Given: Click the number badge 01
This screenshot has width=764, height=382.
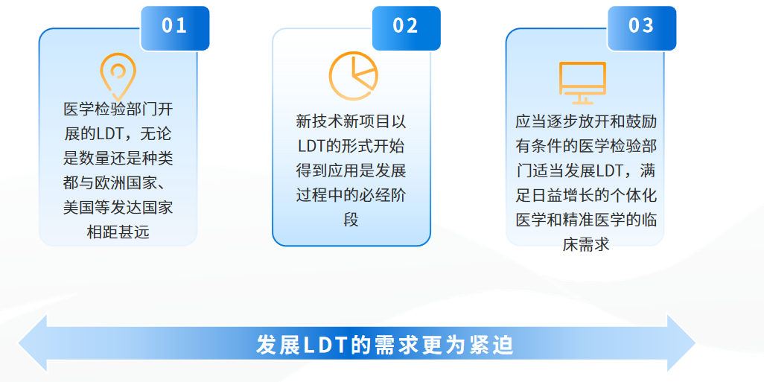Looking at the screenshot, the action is (175, 28).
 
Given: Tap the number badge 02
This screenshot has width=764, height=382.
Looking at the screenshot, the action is (407, 28).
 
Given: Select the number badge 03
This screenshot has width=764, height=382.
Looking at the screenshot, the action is (642, 28).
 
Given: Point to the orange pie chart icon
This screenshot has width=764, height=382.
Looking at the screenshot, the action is (353, 76).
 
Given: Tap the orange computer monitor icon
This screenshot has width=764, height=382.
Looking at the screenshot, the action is (582, 83).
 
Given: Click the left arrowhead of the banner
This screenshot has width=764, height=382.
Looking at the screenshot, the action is (33, 344).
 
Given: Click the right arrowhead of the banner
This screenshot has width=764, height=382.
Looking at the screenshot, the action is (681, 344).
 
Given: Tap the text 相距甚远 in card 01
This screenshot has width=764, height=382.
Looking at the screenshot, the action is (118, 232).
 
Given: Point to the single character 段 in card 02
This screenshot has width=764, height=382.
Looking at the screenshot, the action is (351, 220).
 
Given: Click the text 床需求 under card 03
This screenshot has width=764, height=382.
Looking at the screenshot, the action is (586, 243).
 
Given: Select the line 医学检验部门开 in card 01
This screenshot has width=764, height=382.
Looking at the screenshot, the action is (118, 109).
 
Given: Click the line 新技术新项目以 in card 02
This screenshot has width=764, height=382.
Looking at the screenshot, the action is (351, 121).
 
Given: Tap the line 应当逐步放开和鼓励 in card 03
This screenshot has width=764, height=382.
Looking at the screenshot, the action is (586, 121).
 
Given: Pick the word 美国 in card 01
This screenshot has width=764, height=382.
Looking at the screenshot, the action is (79, 208).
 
